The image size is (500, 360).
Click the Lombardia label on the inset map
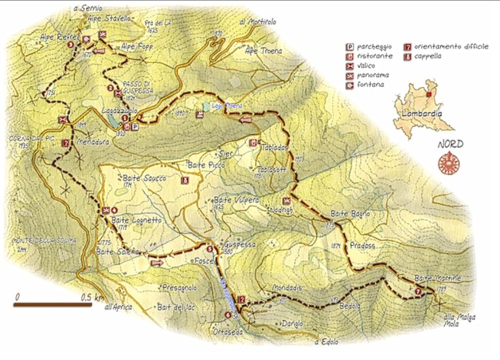422,114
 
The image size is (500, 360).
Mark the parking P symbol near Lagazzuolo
135,126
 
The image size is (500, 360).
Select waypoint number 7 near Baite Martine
418,292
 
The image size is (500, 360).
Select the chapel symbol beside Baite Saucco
185,181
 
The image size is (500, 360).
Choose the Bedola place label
350,306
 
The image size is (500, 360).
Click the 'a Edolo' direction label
326,342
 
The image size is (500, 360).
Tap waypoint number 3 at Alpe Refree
86,39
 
